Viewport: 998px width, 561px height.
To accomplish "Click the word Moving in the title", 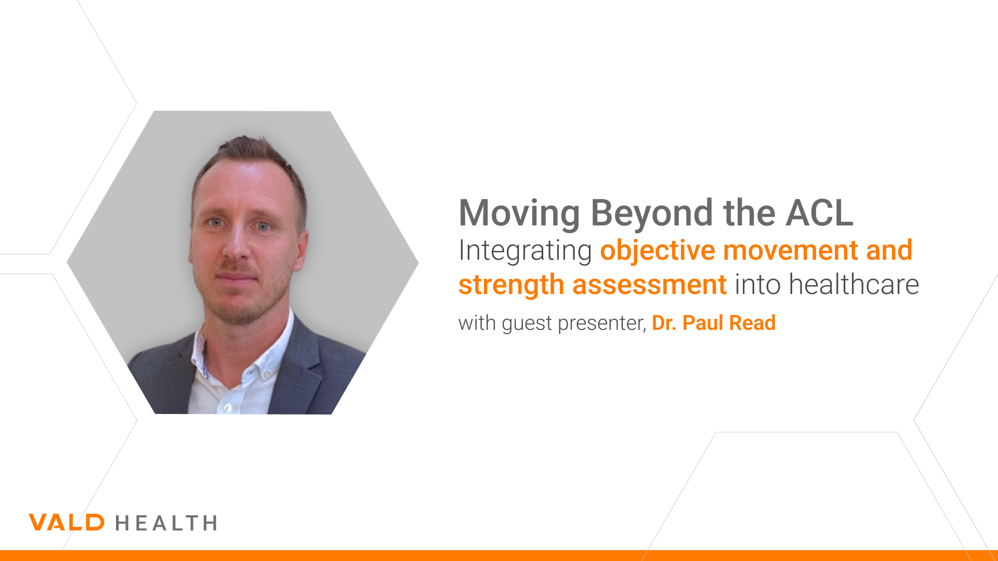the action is click(519, 213).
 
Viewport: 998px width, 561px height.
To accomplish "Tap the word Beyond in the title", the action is click(652, 213).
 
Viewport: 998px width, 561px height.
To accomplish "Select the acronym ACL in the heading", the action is click(820, 213).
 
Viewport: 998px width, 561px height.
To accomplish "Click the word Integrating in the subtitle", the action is click(525, 251).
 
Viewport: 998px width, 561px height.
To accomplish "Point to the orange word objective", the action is click(658, 251).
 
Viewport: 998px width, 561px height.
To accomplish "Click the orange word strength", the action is click(511, 285).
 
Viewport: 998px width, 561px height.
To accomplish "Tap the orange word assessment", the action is click(650, 285).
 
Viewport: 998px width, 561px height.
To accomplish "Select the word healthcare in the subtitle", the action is click(853, 285).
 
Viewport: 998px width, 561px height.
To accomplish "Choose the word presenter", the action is click(602, 324).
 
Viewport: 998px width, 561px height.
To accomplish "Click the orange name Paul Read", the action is click(729, 323).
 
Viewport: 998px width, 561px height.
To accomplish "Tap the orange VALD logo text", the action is click(67, 523).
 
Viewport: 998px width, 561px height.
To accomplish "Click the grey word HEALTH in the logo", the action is click(166, 523).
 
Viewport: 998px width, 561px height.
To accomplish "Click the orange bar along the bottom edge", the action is click(499, 555).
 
